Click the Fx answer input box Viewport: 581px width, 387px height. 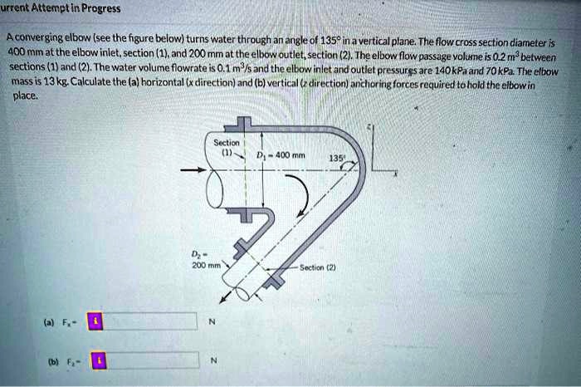click(149, 321)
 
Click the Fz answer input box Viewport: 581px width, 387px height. click(152, 360)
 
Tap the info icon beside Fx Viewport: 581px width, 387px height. click(95, 321)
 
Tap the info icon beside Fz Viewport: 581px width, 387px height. click(100, 360)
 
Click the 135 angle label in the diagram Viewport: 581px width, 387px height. click(336, 159)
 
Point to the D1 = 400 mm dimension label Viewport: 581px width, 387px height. click(281, 155)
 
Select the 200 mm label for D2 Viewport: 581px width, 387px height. click(206, 266)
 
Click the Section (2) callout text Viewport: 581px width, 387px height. click(318, 267)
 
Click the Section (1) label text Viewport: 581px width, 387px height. click(227, 147)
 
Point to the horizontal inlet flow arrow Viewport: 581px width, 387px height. click(193, 170)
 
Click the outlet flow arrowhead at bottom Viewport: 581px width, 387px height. click(223, 300)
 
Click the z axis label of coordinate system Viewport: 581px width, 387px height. click(369, 128)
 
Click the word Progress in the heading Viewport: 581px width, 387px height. click(100, 8)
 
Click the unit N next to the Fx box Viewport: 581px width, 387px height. click(212, 321)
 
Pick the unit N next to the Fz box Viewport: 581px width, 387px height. click(213, 360)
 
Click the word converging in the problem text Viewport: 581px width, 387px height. click(39, 37)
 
